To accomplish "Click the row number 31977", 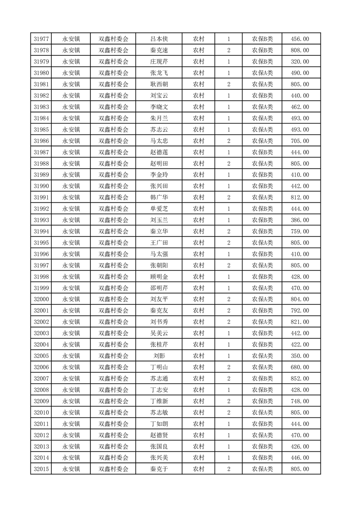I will pos(41,39).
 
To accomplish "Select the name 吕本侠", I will pos(159,39).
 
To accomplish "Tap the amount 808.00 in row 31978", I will pos(300,50).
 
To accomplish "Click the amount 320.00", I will pos(300,62).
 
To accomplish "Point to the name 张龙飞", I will pos(159,73).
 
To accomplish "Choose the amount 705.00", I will pos(300,141).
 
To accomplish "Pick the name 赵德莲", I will pos(159,152).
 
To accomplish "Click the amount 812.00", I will pos(300,197).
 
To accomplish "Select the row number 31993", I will pos(41,220).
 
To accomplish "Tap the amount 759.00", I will pos(300,231).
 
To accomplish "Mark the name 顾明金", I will pos(159,277).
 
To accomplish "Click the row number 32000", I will pos(41,299).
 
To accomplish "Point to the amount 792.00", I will pos(300,310).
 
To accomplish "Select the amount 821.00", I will pos(300,322).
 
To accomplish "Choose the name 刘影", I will pos(159,356).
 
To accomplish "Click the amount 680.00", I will pos(300,367).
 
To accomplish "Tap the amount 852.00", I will pos(300,378).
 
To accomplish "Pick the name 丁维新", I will pos(159,401).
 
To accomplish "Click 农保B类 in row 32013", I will pos(262,446).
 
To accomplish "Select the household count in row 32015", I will pos(228,469).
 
